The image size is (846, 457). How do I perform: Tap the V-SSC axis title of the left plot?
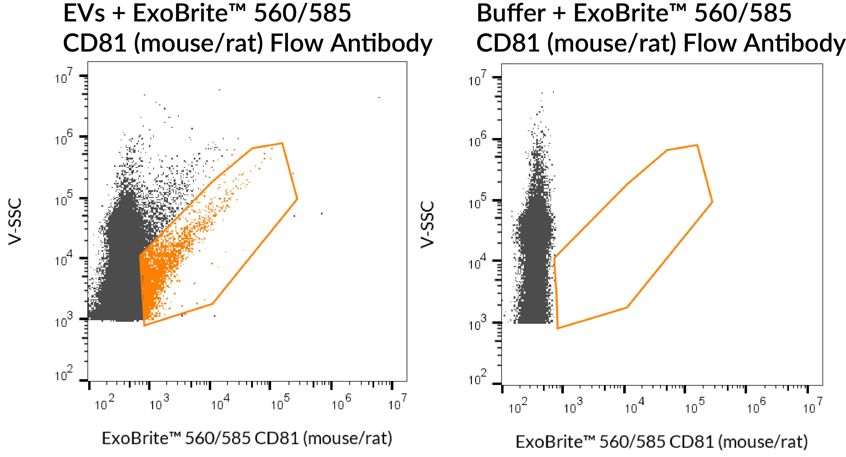tap(15, 221)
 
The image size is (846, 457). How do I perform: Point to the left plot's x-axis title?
tap(247, 438)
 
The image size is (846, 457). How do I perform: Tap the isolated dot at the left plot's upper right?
tap(379, 97)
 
